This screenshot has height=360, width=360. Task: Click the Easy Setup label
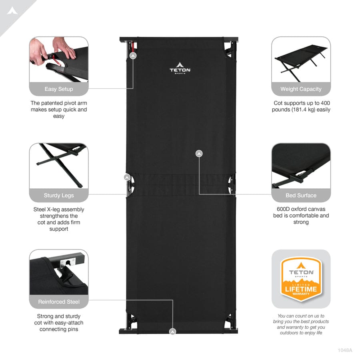59,89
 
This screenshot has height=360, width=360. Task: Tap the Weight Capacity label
301,89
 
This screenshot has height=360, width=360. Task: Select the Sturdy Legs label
59,195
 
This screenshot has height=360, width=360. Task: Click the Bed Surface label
301,195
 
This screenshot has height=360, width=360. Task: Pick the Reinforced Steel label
59,302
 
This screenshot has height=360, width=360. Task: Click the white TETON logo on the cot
180,68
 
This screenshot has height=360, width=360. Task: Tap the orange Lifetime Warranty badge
301,279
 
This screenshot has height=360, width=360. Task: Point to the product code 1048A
345,350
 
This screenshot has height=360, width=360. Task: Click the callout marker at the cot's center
199,153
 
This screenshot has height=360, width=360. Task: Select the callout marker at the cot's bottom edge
173,332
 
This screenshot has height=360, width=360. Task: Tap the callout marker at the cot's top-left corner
133,56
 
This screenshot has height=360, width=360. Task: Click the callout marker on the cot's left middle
127,177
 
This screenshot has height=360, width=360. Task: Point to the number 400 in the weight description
325,103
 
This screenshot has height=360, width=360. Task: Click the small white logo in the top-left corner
12,11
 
